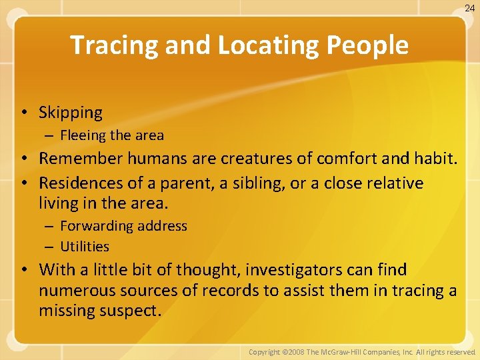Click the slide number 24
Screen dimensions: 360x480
point(469,8)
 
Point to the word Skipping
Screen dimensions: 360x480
point(71,113)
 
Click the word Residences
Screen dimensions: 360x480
point(79,183)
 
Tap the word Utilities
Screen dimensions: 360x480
point(85,247)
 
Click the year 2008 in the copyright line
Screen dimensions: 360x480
point(293,351)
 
